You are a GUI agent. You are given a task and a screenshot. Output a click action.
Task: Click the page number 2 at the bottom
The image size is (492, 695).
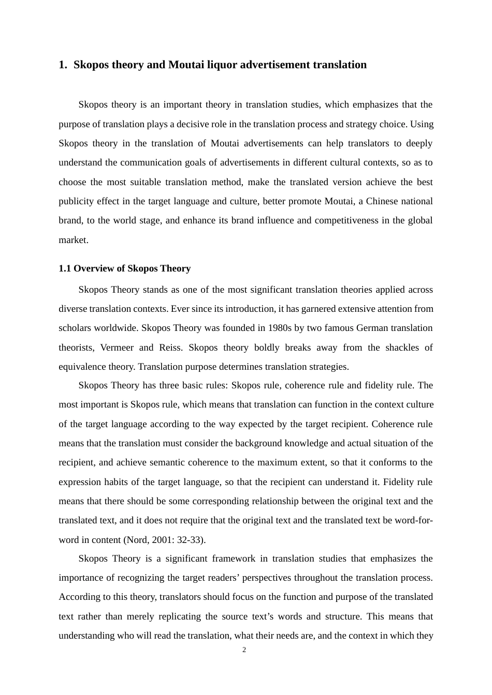244,650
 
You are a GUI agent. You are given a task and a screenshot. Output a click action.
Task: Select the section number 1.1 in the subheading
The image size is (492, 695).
65,268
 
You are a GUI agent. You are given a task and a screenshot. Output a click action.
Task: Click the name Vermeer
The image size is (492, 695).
117,347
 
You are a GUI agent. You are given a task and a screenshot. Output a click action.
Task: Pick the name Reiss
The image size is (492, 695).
170,347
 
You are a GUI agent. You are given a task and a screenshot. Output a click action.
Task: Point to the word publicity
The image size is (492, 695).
76,201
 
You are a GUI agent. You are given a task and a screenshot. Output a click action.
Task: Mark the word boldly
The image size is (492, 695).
267,347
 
